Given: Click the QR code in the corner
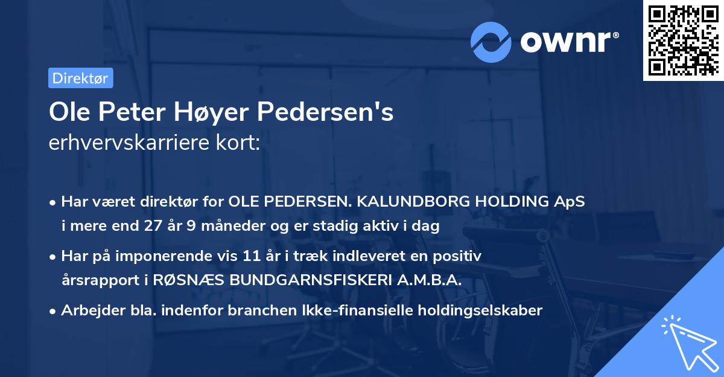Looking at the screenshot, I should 683,40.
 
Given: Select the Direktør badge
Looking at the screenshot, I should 80,78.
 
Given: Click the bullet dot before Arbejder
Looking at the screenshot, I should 53,311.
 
